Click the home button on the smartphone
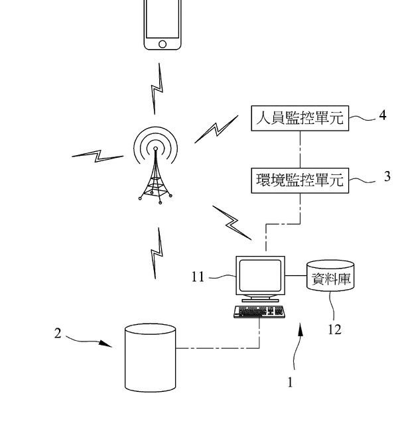coord(163,44)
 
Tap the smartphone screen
coord(163,19)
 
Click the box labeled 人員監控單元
coord(300,119)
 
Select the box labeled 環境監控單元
coord(300,180)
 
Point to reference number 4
coord(383,115)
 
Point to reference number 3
coord(387,177)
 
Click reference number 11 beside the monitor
coord(198,276)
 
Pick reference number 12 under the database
coord(335,328)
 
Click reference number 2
coord(58,334)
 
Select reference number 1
coord(289,382)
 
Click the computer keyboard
coord(259,311)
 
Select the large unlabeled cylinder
coord(151,357)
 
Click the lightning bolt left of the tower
coord(98,156)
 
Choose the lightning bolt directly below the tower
coord(157,253)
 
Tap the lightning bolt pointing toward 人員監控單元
coord(216,129)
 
